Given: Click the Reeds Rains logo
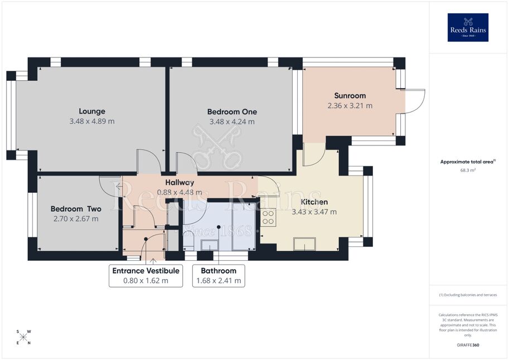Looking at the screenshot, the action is coord(468,27).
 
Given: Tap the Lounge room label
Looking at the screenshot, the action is coord(92,111).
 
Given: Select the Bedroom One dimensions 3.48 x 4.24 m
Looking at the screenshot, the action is coord(232,121).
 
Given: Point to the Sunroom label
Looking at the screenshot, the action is coord(350,96).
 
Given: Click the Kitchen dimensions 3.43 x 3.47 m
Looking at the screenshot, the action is coord(314,212).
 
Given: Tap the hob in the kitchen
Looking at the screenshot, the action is coord(268,217).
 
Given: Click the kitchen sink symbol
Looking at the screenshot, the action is coord(304,244).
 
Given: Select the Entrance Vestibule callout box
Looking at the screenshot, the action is coord(146,276).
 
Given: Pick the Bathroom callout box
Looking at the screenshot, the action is coord(219,276).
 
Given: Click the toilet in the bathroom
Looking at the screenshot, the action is coord(188,242).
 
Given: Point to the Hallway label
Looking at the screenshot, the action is coord(180,182).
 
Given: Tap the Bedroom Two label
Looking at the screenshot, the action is coord(76,209).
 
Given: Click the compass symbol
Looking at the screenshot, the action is coord(23,337).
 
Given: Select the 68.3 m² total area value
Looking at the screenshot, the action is coord(468,170).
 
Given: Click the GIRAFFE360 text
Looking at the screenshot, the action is coord(468,345).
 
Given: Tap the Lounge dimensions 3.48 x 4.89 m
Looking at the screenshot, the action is coord(92,121).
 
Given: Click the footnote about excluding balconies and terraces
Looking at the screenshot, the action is coord(468,295).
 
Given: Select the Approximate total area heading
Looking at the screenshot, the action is coord(468,162).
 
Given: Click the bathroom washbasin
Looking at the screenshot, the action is coord(210,245).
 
